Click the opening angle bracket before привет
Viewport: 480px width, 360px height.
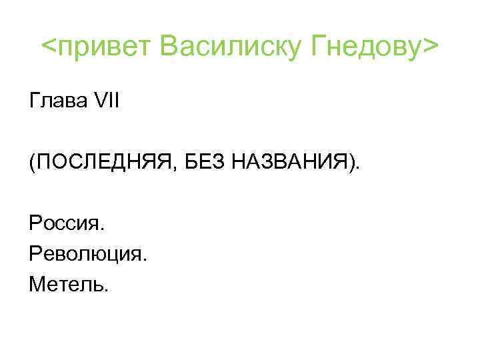pyautogui.click(x=49, y=48)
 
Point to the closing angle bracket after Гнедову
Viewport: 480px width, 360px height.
pyautogui.click(x=431, y=48)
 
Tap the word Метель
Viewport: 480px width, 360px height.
pyautogui.click(x=66, y=285)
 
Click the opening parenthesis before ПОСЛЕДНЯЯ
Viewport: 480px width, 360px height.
pyautogui.click(x=32, y=162)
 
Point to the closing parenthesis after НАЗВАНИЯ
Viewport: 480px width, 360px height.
pyautogui.click(x=351, y=162)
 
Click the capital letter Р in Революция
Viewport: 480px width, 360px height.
pyautogui.click(x=35, y=254)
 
